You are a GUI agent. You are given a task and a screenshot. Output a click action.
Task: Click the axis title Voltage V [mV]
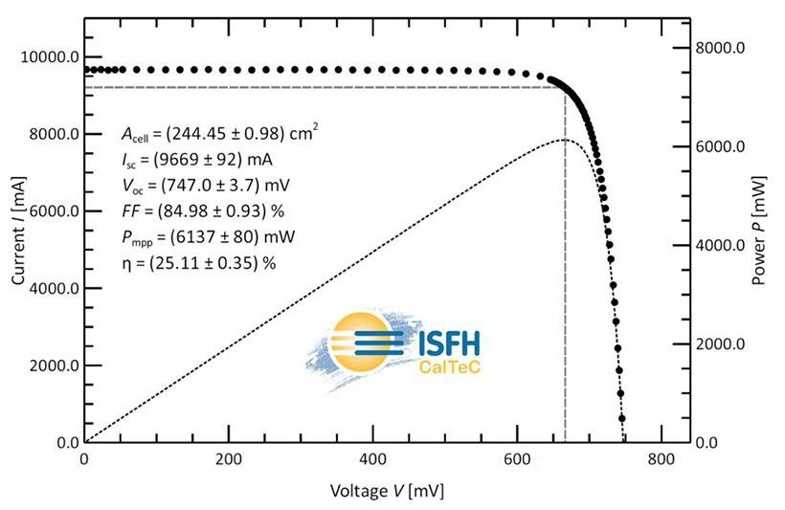coord(387,491)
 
